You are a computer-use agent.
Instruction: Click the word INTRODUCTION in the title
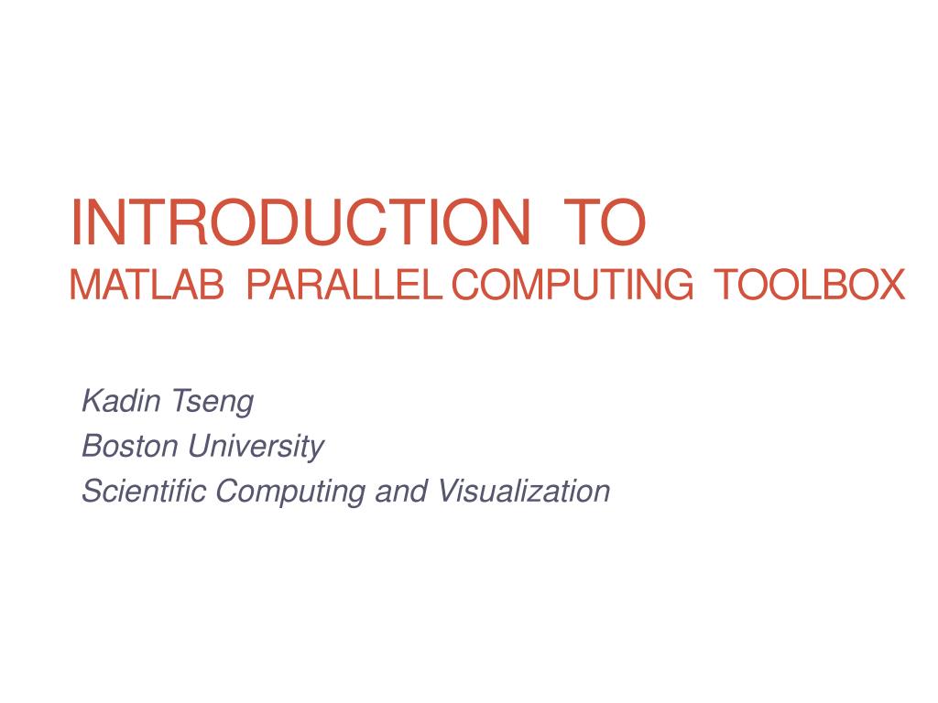300,223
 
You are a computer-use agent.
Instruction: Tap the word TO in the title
605,223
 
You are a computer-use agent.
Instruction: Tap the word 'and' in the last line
402,492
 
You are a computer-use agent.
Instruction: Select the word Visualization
524,492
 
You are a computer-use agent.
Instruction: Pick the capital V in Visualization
447,492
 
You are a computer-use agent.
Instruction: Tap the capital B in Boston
91,446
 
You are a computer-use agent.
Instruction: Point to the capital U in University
199,446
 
